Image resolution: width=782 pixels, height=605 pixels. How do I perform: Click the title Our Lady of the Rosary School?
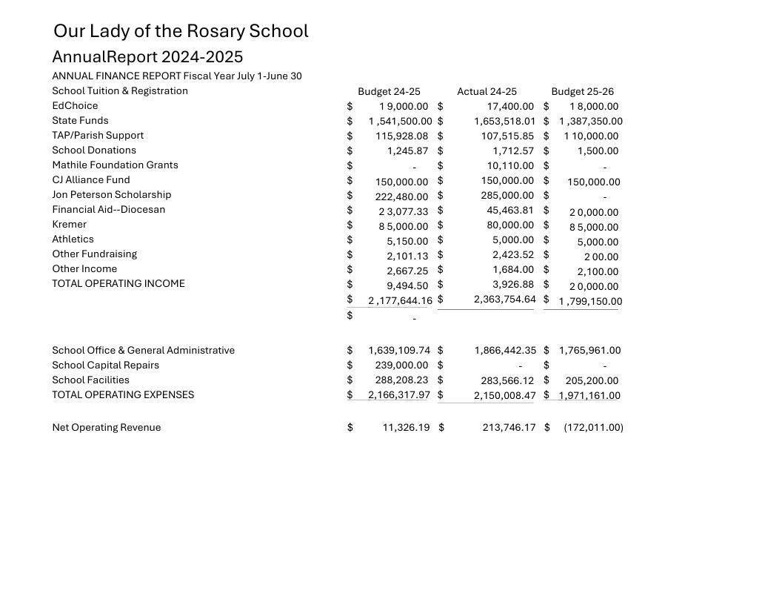pos(181,31)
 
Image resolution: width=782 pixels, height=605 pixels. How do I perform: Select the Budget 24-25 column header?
pos(389,92)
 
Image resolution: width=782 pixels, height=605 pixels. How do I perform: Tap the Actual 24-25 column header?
pos(487,92)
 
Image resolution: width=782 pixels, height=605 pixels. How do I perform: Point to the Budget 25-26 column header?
pos(582,92)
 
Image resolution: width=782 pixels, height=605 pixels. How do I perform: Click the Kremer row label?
pos(69,225)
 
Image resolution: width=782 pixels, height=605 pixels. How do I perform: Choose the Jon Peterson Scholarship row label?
pos(111,195)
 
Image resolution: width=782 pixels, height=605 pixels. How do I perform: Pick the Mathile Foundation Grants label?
pos(115,165)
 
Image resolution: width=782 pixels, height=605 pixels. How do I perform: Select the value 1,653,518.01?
pos(504,121)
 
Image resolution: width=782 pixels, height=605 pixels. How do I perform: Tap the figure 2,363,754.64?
pos(504,300)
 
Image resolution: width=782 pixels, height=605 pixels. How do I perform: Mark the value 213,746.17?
pos(509,428)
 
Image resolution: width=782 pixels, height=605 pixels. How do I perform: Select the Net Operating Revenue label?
pos(106,428)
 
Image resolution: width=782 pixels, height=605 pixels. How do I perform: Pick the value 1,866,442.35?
pos(505,351)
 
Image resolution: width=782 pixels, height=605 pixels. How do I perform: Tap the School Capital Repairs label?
pos(105,366)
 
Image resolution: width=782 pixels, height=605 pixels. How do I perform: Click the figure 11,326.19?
pos(406,428)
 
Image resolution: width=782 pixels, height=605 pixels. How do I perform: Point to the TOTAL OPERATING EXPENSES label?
pos(123,395)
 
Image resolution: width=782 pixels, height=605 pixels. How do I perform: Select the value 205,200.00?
pos(592,381)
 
